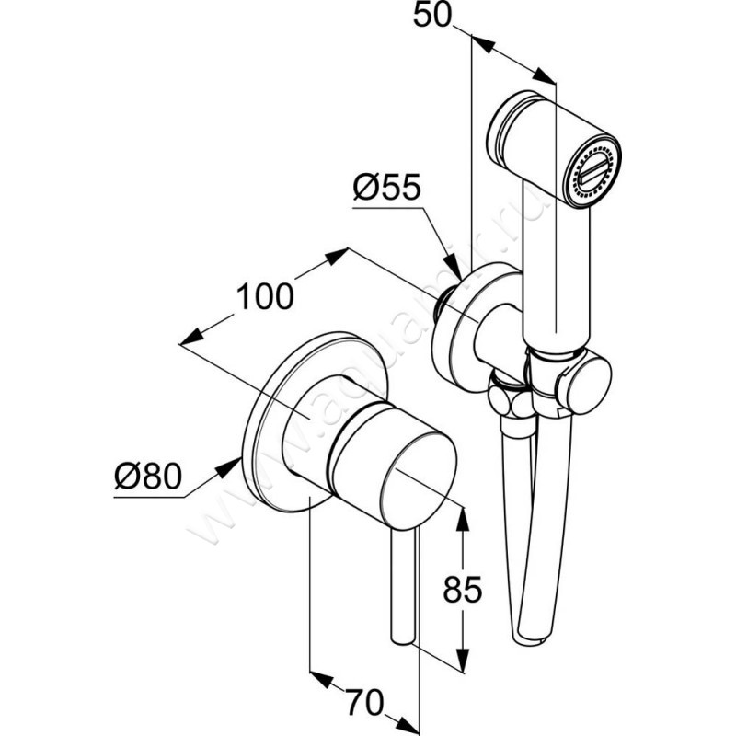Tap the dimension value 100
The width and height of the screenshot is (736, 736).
coord(266,296)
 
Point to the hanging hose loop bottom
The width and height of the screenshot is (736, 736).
coord(535,636)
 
